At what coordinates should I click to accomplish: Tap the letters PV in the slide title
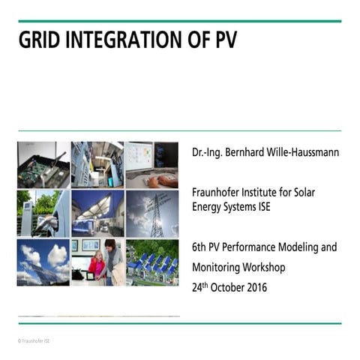point(223,40)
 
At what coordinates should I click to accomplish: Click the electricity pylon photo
point(152,213)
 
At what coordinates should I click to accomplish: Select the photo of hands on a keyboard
point(152,165)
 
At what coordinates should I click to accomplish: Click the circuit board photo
point(43,165)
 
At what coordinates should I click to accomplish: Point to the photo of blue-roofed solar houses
point(152,262)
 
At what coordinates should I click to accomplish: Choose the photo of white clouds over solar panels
point(43,262)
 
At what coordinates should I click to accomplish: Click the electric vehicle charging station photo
point(43,213)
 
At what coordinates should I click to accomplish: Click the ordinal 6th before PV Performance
point(199,246)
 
